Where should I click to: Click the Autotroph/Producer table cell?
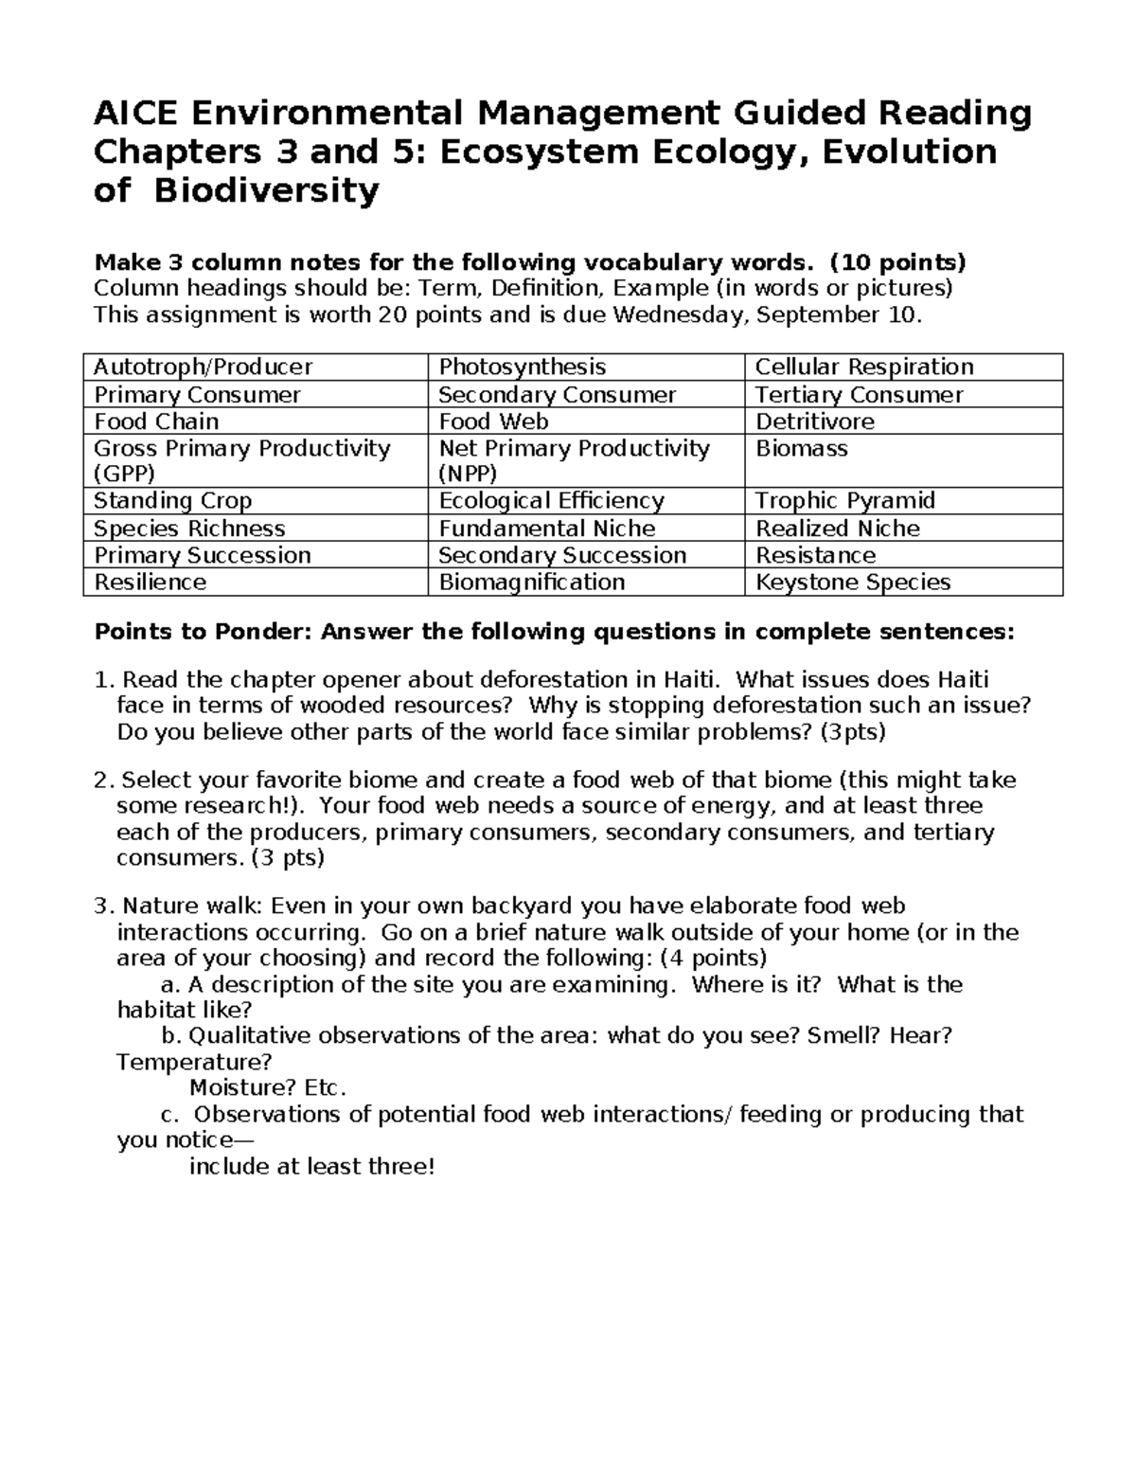(x=203, y=367)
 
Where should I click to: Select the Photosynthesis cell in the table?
(x=522, y=367)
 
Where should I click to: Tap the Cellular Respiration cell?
(x=863, y=367)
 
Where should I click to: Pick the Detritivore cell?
(x=814, y=422)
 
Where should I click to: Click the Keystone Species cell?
(x=852, y=582)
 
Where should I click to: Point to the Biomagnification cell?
(x=531, y=582)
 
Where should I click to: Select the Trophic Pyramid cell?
(x=844, y=500)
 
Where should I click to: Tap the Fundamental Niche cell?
(x=546, y=528)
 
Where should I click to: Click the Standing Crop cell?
(x=172, y=500)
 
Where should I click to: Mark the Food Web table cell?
(x=493, y=422)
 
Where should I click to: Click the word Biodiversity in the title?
(x=266, y=191)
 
